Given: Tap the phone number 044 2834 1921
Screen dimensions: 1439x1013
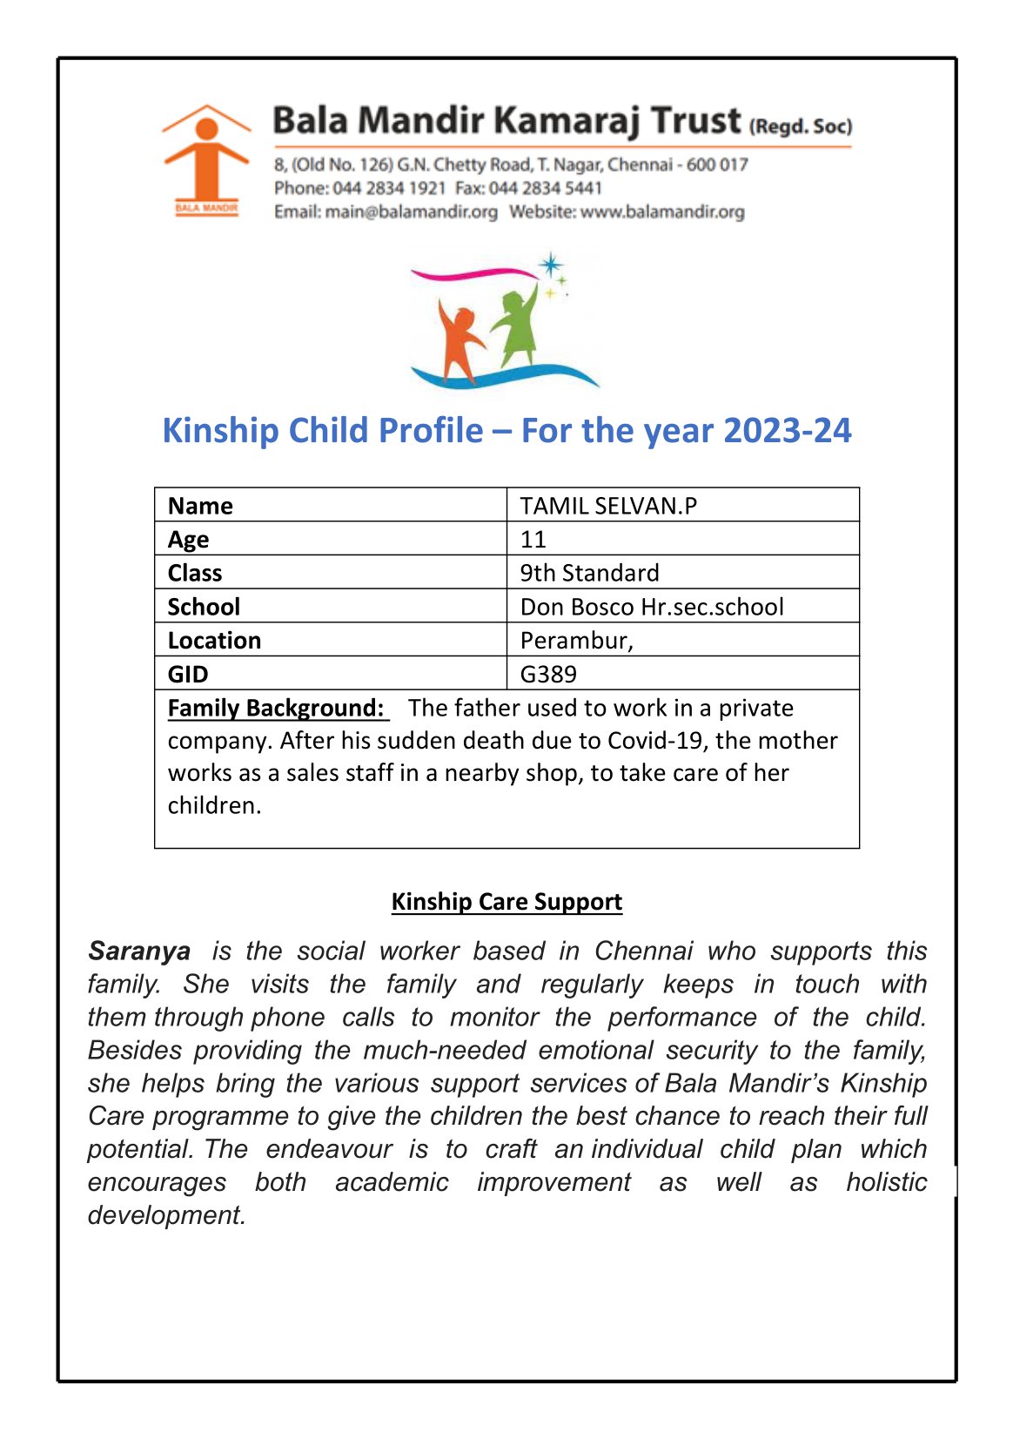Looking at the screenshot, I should tap(389, 188).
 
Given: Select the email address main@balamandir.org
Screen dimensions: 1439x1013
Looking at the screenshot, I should tap(411, 212).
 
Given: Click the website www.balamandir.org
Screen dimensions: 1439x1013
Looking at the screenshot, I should tap(662, 212).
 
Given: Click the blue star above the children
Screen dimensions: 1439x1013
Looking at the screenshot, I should tap(550, 265).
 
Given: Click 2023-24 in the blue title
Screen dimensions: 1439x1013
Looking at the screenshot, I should tap(787, 431).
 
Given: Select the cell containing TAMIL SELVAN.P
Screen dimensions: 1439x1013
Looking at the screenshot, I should tap(608, 506).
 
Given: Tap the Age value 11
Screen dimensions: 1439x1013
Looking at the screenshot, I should tap(533, 540).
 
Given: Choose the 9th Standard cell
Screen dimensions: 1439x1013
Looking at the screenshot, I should tap(589, 573).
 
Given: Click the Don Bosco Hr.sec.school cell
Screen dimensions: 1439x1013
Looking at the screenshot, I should tap(652, 607).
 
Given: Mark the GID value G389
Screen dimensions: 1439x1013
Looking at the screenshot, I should tap(548, 674).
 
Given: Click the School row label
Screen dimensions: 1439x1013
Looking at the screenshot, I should tap(204, 607).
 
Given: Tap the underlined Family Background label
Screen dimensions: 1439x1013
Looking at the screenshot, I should tap(276, 708).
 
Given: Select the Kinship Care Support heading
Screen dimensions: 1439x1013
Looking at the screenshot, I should tap(506, 902).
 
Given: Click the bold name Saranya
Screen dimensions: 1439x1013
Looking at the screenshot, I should tap(139, 951).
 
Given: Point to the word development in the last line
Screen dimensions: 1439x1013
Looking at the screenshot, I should tap(165, 1215).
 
